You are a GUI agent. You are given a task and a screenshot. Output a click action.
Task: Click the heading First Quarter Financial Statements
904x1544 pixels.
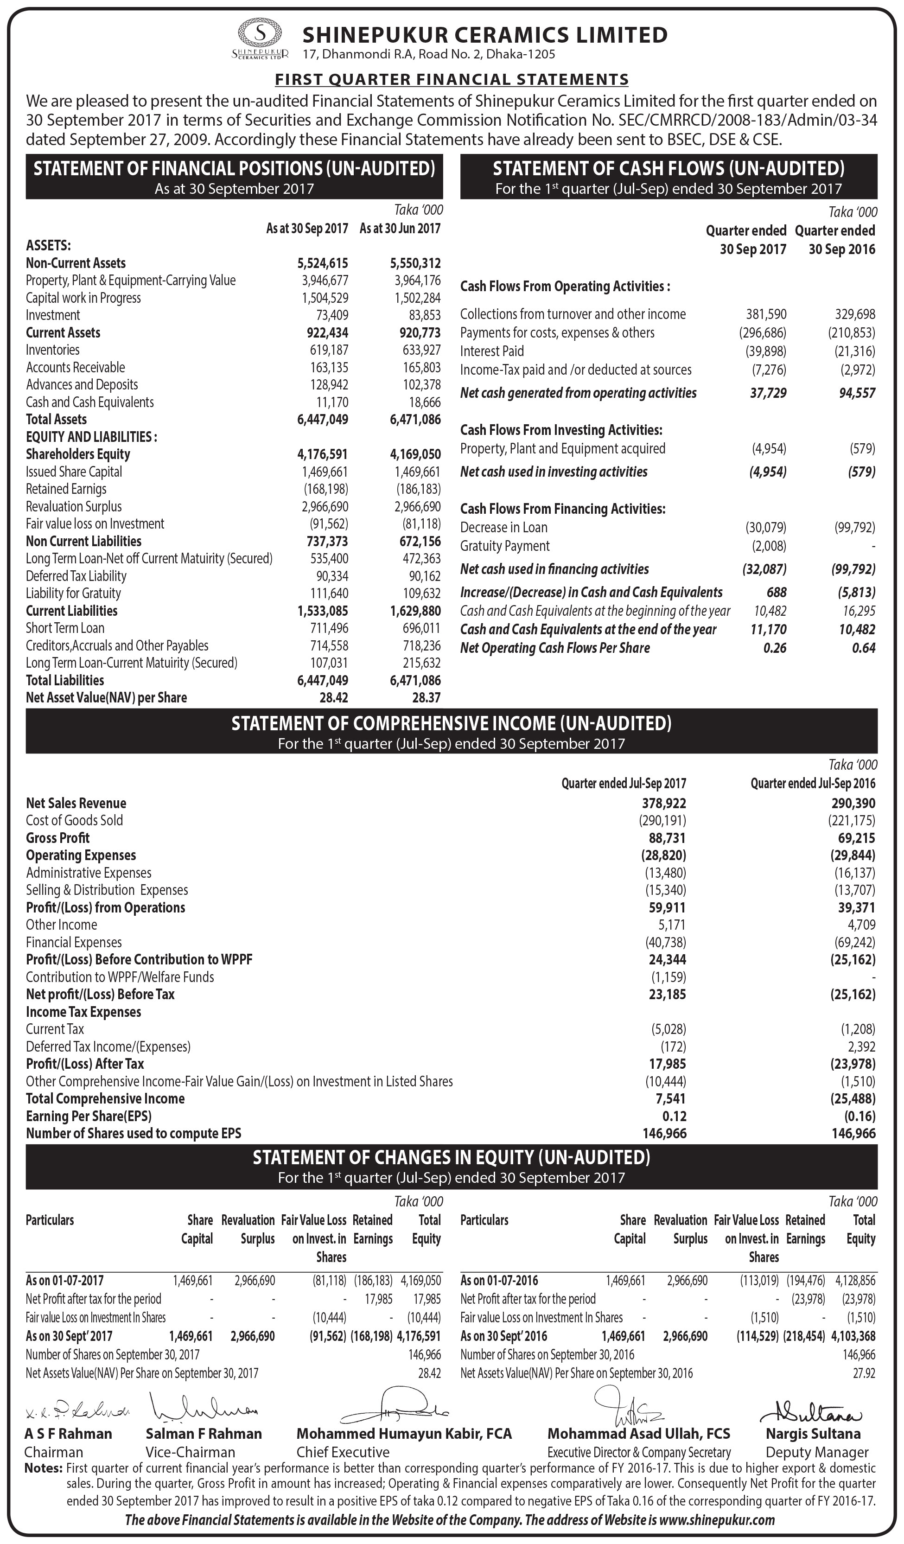click(x=452, y=79)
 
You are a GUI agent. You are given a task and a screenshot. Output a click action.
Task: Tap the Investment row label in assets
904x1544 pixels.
click(x=53, y=315)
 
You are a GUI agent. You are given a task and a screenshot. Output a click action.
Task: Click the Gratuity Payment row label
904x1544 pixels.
click(x=505, y=545)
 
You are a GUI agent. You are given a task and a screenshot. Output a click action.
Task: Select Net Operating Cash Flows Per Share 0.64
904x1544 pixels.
click(x=864, y=648)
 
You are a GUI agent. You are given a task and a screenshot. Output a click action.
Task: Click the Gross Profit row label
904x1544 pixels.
click(x=57, y=837)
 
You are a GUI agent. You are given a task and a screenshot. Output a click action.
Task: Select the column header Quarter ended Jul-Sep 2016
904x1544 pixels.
click(x=813, y=783)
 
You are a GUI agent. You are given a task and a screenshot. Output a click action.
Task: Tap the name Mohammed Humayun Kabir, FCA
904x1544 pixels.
click(x=404, y=1434)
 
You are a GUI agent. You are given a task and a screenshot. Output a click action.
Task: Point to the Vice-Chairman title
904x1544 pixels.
click(x=191, y=1452)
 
